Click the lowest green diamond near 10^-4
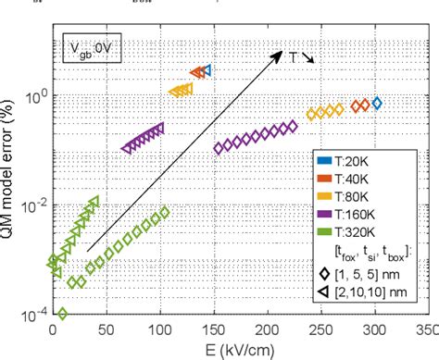point(62,314)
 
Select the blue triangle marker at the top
point(207,69)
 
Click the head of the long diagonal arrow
point(281,53)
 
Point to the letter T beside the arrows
point(295,56)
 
